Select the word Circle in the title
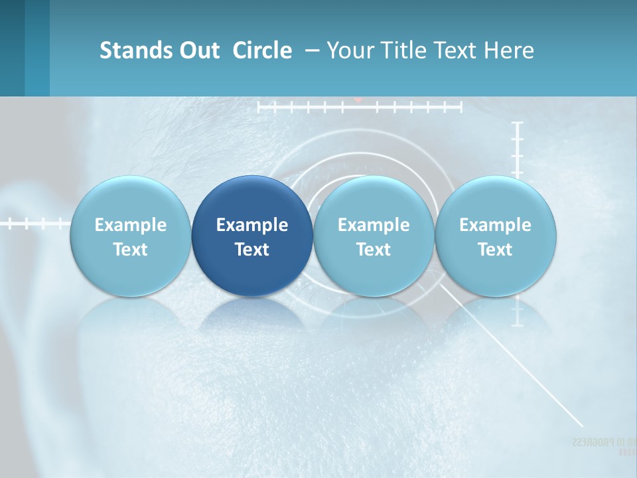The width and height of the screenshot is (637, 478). [262, 50]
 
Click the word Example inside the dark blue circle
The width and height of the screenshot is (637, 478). [252, 225]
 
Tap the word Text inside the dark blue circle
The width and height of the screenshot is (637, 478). [252, 250]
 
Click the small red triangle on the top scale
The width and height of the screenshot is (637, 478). [358, 100]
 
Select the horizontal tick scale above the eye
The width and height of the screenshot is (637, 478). [359, 106]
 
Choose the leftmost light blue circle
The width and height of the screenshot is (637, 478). [130, 236]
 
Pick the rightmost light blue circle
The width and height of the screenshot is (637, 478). [495, 236]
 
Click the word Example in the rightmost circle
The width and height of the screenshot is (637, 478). [495, 225]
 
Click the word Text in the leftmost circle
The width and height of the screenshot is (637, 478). [130, 250]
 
